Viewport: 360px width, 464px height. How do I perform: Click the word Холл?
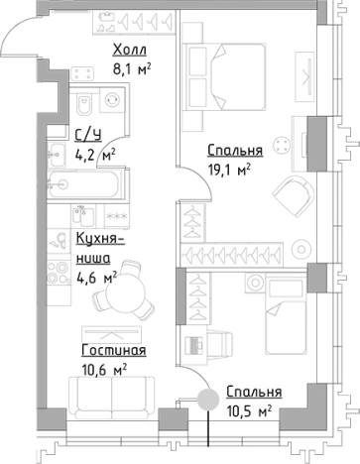[132, 50]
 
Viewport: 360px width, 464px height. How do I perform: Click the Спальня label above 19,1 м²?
[235, 151]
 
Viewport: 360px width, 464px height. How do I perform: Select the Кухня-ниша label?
[99, 247]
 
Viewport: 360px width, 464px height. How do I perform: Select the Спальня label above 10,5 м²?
[253, 392]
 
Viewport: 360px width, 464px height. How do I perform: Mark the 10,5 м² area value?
[251, 409]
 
